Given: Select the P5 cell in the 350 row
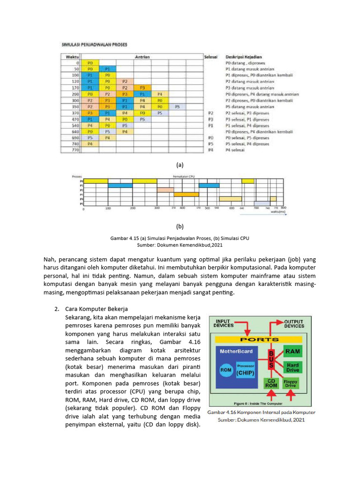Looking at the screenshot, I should point(177,107).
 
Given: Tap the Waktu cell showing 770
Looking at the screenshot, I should point(72,150).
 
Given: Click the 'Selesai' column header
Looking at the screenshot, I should point(211,57).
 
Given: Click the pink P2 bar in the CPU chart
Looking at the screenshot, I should point(165,190).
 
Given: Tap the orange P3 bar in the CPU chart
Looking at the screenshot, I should point(186,195).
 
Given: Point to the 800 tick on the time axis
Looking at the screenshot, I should point(283,208).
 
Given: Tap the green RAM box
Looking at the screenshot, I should point(292,351).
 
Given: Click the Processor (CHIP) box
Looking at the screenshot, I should point(246,370).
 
